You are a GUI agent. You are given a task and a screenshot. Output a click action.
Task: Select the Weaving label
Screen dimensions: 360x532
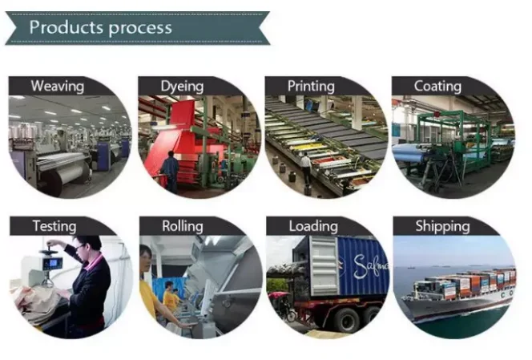(58, 86)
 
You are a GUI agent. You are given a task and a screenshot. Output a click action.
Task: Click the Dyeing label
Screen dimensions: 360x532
(183, 86)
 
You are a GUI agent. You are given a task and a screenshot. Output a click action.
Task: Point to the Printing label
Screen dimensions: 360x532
(311, 86)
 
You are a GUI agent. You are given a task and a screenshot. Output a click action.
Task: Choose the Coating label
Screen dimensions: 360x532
(437, 86)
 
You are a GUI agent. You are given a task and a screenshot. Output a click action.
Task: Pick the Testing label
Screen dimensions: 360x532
(54, 226)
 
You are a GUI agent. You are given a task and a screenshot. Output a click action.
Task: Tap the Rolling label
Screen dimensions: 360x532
(183, 226)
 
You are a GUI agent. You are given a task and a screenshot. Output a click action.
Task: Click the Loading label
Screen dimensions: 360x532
(312, 226)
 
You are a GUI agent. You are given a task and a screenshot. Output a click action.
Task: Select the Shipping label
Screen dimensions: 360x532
(442, 226)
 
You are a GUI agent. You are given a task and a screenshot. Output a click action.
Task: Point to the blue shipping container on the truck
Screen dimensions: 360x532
(357, 269)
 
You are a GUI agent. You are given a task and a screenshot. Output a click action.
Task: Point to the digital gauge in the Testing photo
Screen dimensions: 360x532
(53, 263)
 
